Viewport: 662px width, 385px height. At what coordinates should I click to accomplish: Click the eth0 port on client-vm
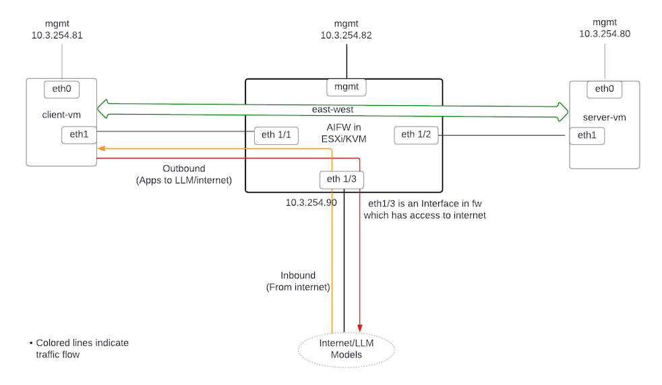coord(61,88)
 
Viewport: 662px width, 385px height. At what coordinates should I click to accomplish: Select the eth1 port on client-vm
coord(79,134)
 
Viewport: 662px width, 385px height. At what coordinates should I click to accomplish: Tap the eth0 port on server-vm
coord(604,89)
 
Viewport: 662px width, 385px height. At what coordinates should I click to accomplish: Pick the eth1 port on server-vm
coord(586,136)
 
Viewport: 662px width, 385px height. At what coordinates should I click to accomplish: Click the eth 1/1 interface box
coord(276,136)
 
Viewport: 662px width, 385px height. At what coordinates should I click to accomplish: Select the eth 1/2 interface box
coord(417,135)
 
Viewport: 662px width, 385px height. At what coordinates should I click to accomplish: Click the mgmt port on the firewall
coord(347,87)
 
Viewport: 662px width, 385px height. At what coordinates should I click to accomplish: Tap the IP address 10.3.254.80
coord(605,34)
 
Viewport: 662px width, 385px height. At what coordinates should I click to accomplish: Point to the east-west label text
coord(332,109)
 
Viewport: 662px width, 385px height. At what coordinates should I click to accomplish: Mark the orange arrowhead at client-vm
coord(100,148)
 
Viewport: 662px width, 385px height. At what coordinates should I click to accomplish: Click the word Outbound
coord(183,169)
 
